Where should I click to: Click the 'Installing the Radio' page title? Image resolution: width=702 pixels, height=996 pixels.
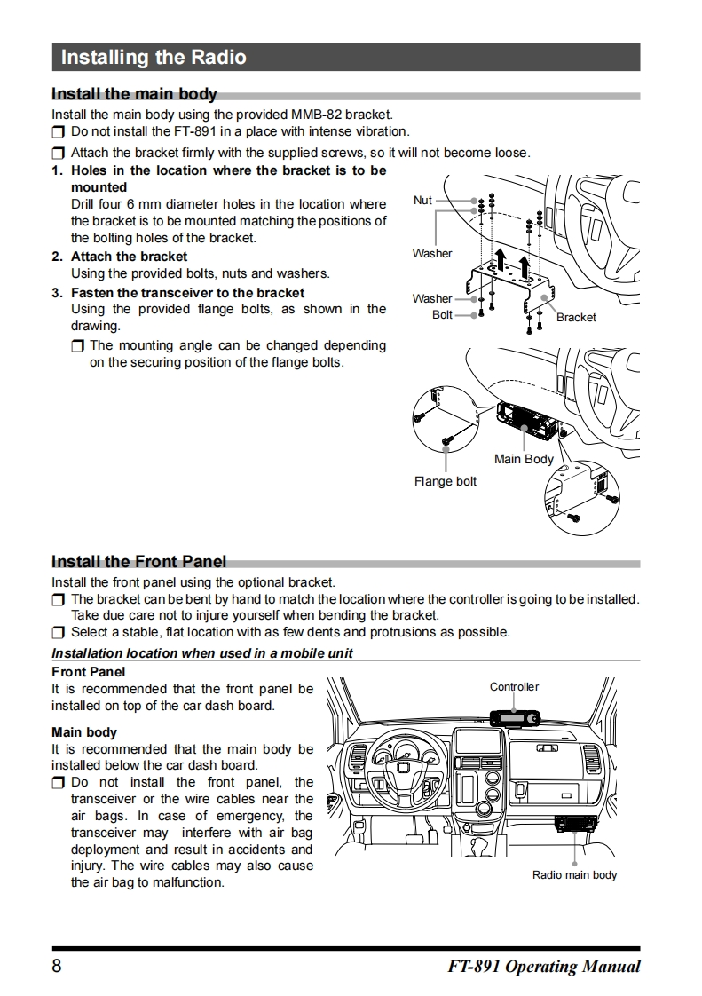click(x=154, y=58)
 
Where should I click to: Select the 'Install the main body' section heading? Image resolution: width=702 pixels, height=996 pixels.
click(x=134, y=94)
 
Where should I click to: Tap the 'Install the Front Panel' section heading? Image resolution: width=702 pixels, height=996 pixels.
click(x=138, y=561)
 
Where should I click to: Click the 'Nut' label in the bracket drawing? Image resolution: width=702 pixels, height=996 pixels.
click(x=422, y=201)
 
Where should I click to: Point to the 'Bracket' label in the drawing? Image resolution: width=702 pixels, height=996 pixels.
click(x=576, y=317)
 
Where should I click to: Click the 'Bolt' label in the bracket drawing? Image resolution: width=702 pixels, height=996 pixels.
click(x=442, y=314)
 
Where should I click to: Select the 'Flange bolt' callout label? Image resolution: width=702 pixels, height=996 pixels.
click(x=446, y=481)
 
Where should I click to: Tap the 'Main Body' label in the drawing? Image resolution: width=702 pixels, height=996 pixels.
click(x=524, y=459)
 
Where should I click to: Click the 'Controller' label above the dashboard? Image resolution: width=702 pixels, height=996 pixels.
click(x=514, y=686)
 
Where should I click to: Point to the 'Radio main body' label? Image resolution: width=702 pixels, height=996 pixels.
click(x=574, y=874)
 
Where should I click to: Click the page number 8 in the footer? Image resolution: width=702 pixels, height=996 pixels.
click(x=57, y=967)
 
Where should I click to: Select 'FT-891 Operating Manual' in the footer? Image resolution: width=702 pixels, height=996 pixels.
click(x=544, y=967)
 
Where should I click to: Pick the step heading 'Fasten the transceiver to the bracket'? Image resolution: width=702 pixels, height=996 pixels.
click(x=187, y=292)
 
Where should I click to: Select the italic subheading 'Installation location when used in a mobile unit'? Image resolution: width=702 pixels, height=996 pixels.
click(x=202, y=653)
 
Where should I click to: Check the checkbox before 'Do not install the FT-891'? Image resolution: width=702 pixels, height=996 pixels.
click(x=58, y=132)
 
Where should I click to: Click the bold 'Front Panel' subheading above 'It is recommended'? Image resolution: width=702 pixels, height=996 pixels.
click(x=89, y=672)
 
